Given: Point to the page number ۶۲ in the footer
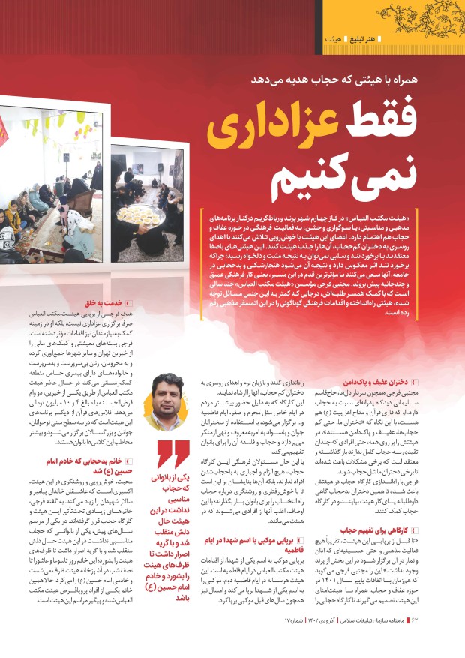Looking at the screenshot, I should pyautogui.click(x=449, y=642).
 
